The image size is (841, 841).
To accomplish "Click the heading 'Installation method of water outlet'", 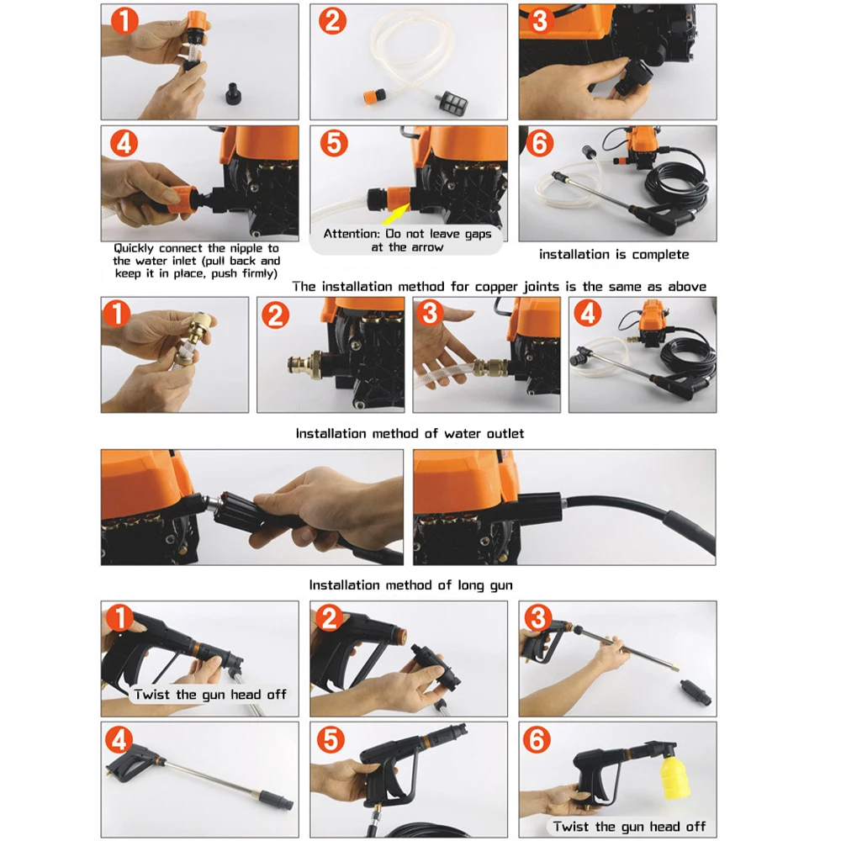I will click(410, 433).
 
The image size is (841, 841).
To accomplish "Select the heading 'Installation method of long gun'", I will click(410, 584).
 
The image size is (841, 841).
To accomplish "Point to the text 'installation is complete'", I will click(614, 254).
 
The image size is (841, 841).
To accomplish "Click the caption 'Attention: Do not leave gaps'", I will click(407, 234).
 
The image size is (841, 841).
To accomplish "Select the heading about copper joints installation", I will click(499, 287).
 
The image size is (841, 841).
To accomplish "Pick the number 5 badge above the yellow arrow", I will click(335, 143).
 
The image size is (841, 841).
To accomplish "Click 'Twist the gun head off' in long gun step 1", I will click(209, 695).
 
